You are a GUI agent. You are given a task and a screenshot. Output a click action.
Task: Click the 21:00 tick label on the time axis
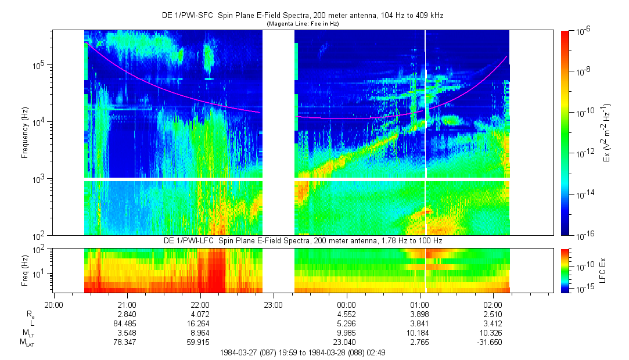click(x=127, y=304)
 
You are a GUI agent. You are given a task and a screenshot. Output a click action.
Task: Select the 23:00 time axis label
click(x=273, y=304)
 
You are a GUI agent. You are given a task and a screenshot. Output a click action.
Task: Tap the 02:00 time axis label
click(x=493, y=304)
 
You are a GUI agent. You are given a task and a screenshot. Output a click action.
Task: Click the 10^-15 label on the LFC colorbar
click(x=583, y=289)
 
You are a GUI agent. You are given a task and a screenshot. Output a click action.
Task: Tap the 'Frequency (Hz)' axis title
click(x=24, y=133)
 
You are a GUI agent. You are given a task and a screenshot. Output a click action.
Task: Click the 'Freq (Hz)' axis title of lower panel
click(x=24, y=270)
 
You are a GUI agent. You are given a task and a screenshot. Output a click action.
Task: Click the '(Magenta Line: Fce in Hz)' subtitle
click(x=303, y=24)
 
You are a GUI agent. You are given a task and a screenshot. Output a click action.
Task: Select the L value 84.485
click(x=127, y=323)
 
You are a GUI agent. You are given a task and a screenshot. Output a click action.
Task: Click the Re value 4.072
click(x=200, y=314)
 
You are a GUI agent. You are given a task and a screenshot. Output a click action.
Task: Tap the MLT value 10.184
click(x=419, y=333)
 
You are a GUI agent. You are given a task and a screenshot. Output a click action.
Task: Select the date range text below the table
click(x=303, y=352)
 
